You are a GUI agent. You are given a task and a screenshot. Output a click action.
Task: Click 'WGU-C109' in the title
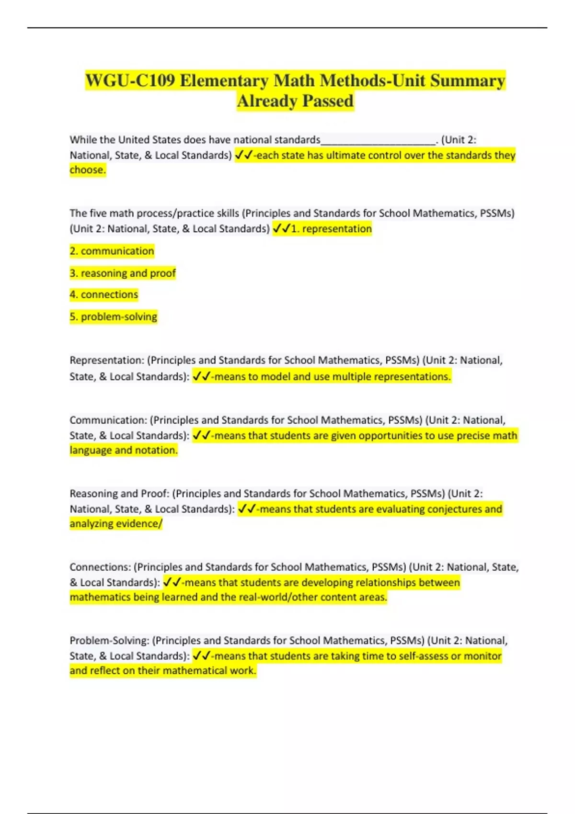point(130,80)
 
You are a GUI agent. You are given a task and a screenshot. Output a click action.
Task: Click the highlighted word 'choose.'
point(88,170)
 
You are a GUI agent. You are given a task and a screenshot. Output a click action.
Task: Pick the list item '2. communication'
point(112,251)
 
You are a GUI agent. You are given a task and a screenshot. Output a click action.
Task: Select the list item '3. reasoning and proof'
point(123,273)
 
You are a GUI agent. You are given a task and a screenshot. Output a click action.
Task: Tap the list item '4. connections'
point(103,294)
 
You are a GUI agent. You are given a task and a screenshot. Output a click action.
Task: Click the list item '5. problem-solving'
point(113,317)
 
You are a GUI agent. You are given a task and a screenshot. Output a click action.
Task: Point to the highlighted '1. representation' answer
point(331,229)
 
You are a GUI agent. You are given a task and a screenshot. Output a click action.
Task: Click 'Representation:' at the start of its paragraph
point(106,360)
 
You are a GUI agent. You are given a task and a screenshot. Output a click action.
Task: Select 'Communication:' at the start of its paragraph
point(108,420)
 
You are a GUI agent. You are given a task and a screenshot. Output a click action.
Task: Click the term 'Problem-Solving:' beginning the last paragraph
point(109,640)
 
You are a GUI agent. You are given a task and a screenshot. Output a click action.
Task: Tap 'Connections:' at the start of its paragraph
point(100,567)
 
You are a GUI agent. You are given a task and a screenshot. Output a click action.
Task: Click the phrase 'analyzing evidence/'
point(116,523)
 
